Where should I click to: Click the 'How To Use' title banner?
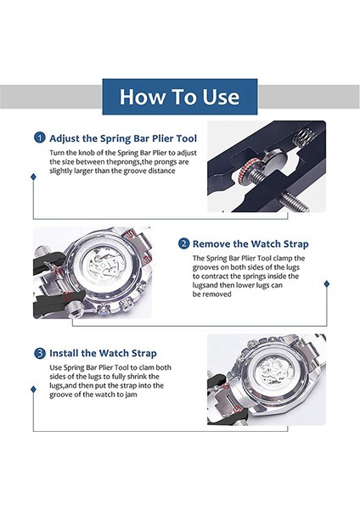(x=180, y=97)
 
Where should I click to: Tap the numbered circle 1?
(x=40, y=137)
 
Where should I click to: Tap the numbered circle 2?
(x=183, y=243)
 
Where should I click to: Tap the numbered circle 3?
(x=40, y=353)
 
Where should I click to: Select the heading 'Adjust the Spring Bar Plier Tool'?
(x=123, y=138)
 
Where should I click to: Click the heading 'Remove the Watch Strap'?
(x=250, y=243)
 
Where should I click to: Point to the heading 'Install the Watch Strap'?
(x=103, y=353)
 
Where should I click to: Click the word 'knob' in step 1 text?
(x=87, y=153)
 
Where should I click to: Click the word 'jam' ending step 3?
(x=131, y=394)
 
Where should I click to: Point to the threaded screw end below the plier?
(x=294, y=201)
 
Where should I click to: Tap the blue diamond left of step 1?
(x=33, y=176)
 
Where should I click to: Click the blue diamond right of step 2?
(x=327, y=283)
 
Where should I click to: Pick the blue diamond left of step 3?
(x=33, y=389)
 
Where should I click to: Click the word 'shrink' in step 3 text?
(x=138, y=377)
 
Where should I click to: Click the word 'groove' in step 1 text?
(x=135, y=171)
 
